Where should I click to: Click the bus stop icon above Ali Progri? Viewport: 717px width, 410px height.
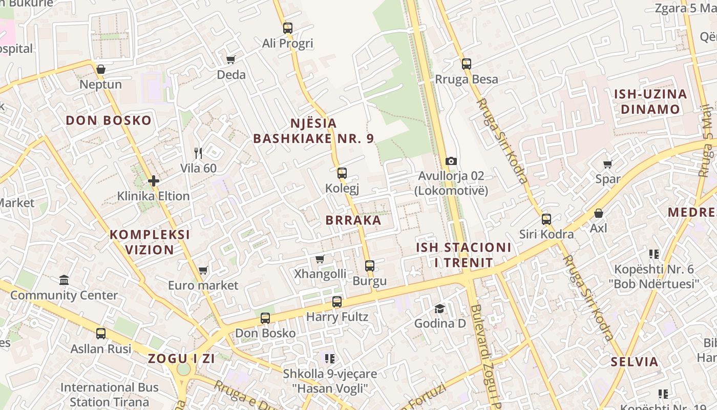tap(288, 28)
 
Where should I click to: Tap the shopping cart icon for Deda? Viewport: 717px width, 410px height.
tap(231, 59)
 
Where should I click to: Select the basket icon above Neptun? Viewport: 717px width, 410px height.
tap(101, 69)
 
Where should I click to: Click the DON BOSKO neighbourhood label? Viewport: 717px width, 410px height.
tap(109, 120)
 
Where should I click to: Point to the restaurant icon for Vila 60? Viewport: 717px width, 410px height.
tap(199, 153)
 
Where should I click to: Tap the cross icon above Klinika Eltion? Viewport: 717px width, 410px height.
tap(153, 180)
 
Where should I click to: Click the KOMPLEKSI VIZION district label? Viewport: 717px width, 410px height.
tap(150, 242)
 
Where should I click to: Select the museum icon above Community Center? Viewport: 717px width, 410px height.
tap(64, 280)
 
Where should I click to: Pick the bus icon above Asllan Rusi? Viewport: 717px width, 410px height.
tap(101, 333)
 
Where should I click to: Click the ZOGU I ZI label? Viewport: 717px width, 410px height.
tap(182, 359)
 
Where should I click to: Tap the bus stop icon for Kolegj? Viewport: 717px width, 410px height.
tap(342, 173)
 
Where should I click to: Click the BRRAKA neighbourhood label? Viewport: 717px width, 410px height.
tap(353, 220)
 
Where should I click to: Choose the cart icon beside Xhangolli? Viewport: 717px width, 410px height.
tap(320, 259)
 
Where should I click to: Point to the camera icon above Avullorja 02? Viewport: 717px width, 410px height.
tap(451, 161)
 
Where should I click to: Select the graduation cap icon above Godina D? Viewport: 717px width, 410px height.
tap(440, 308)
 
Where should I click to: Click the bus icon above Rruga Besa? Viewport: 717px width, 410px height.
tap(466, 64)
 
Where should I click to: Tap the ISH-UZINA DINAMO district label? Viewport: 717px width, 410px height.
tap(650, 101)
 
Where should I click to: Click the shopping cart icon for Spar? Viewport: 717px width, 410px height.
tap(607, 164)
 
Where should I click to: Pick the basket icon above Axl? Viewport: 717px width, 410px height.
tap(598, 213)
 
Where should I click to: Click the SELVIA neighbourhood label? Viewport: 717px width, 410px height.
tap(635, 362)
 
